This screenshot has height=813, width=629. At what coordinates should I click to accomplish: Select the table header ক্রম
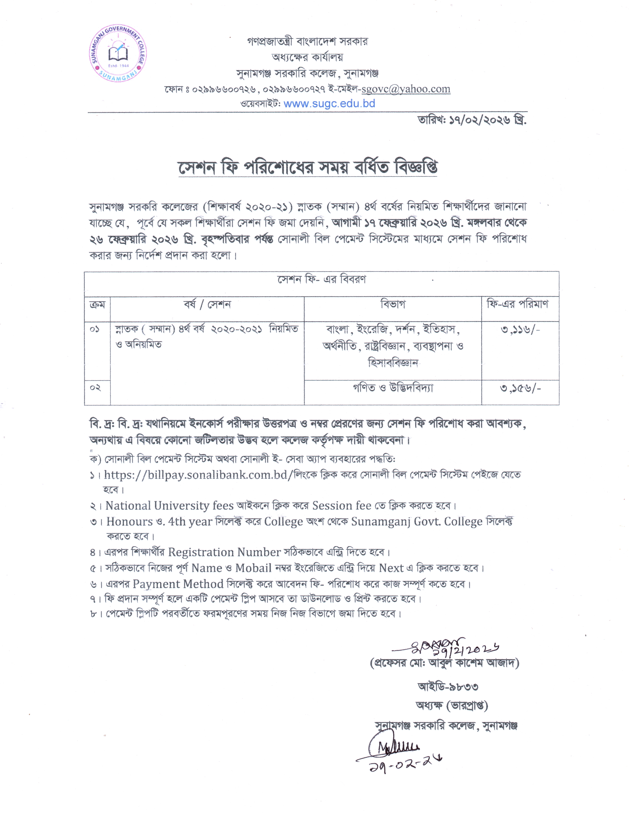pos(97,305)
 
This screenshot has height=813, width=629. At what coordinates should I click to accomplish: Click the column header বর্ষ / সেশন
pos(207,305)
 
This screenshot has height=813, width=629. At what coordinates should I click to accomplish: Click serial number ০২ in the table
pos(95,388)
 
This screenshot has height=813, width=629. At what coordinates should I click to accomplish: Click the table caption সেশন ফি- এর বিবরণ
pos(321,280)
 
